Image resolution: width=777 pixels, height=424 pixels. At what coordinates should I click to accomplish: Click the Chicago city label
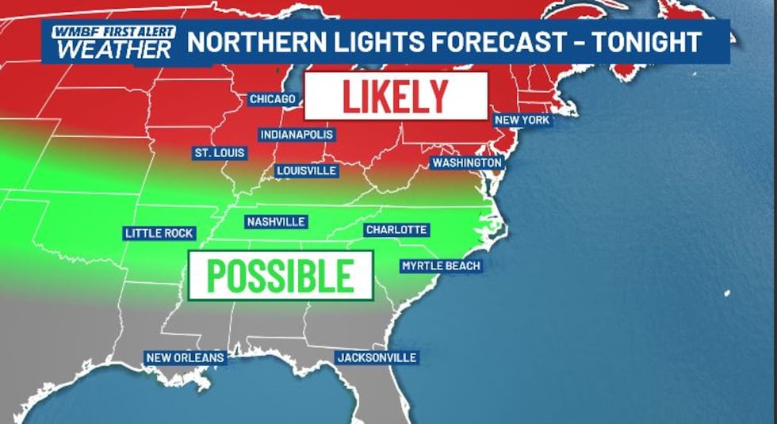pos(272,99)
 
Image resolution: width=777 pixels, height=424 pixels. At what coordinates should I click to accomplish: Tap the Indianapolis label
pos(296,135)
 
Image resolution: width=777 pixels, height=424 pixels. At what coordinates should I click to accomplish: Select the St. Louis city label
pos(220,152)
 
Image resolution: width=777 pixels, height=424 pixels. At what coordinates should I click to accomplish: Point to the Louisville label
pos(307,170)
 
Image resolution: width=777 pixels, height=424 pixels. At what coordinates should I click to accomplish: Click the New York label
pos(522,120)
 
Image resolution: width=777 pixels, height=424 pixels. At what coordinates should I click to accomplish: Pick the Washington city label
pos(466,162)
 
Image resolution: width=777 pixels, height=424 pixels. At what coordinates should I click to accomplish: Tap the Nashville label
pos(276,222)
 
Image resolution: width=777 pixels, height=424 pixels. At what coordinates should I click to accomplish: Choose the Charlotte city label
pos(396,230)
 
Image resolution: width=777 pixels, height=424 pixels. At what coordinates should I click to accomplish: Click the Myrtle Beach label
pos(441,265)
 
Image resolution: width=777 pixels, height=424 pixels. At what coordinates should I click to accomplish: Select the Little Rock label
pos(159,233)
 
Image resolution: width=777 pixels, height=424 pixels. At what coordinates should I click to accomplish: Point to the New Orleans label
pos(186,357)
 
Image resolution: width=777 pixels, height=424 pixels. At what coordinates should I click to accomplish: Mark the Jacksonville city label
pos(377,357)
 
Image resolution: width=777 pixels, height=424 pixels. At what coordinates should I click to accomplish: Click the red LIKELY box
pos(396,96)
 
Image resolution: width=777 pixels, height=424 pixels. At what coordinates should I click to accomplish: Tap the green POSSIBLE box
pos(280,275)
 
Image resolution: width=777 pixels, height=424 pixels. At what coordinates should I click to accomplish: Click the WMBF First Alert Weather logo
pos(110,43)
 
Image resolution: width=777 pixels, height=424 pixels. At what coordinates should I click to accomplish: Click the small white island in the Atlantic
pos(726,293)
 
